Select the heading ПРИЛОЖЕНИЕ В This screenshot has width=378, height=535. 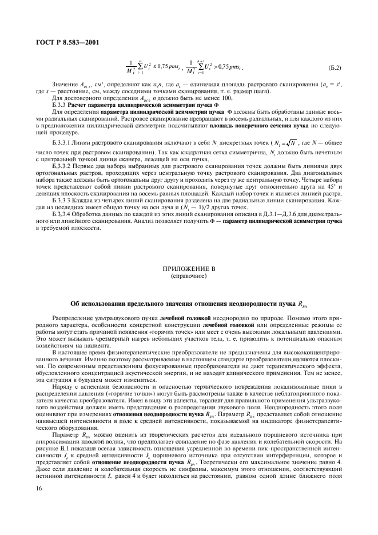point(188,267)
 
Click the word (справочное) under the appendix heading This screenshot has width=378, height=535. point(188,274)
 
